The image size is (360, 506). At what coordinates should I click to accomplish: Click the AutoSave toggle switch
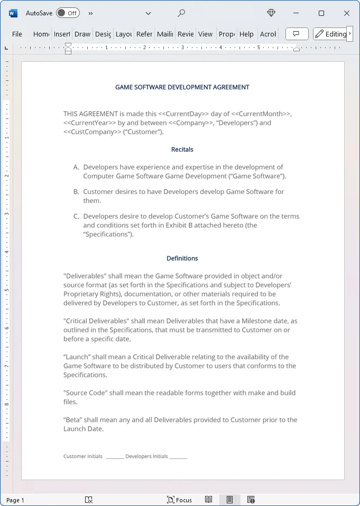coord(68,13)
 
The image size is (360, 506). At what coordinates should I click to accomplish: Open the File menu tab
coord(17,34)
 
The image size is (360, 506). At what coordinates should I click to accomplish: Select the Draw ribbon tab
coord(82,34)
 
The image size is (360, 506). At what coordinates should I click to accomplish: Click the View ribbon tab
coord(205,34)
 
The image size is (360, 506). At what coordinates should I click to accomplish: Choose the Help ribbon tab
coord(246,34)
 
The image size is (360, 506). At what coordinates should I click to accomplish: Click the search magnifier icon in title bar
coord(181,13)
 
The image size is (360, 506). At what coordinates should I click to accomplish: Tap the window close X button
coord(347,13)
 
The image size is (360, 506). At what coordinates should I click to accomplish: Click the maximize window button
coord(321,13)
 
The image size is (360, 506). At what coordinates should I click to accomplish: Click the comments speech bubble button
coord(297,34)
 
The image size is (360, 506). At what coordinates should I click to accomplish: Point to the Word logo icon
coord(13,13)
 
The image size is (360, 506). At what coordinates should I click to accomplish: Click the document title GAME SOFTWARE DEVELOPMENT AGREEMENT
coord(182,87)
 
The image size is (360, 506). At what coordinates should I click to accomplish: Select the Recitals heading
coord(182,150)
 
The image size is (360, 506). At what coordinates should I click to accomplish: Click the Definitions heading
coord(182,259)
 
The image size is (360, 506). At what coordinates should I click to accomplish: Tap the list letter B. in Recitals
coord(76,191)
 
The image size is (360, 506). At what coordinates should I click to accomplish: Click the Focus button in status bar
coord(179,500)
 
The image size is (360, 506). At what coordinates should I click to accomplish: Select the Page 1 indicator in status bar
coord(15,500)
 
